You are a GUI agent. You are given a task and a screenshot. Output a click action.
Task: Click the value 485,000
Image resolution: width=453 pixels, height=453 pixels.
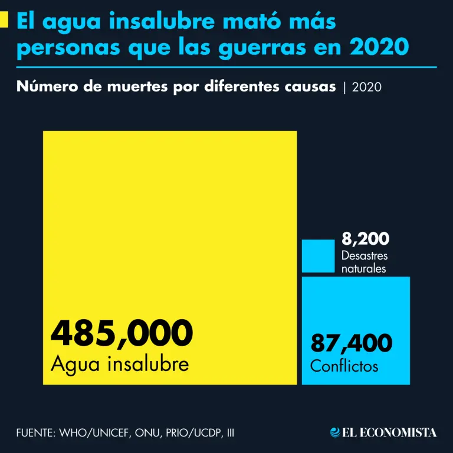coord(122,333)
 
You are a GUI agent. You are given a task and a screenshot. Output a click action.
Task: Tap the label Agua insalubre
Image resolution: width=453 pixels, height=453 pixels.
coord(120,363)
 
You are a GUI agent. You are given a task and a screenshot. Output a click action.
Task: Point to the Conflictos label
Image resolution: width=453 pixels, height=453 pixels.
coord(344,366)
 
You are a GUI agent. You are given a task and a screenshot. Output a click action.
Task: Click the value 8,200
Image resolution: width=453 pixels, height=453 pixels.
coord(365,239)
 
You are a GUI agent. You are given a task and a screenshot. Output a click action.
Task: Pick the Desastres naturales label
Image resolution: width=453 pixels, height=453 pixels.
coord(365,262)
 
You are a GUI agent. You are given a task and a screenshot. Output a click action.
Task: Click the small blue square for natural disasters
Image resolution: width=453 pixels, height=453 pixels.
coord(318,256)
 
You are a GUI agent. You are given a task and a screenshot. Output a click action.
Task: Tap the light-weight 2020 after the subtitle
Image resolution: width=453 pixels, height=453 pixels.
coord(366,87)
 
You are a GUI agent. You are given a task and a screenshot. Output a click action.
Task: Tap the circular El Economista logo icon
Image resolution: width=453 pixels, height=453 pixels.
coord(335,432)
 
